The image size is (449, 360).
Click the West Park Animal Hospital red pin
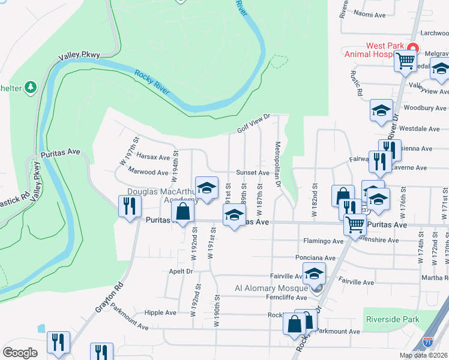point(412,48)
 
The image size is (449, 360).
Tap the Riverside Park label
point(391,320)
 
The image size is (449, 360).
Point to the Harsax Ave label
point(154,157)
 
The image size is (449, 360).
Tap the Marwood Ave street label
point(148,172)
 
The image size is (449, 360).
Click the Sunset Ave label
point(252,172)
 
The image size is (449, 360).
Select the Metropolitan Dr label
point(278,165)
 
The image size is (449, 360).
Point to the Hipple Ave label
point(160,313)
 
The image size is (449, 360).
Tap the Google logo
point(20,352)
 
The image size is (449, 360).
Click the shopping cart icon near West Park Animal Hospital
point(405,60)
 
